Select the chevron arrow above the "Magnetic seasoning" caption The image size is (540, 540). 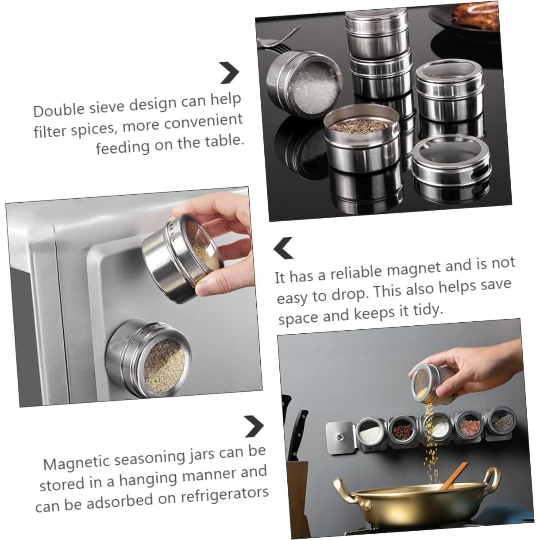254,426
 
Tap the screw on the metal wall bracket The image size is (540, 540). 340,438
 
